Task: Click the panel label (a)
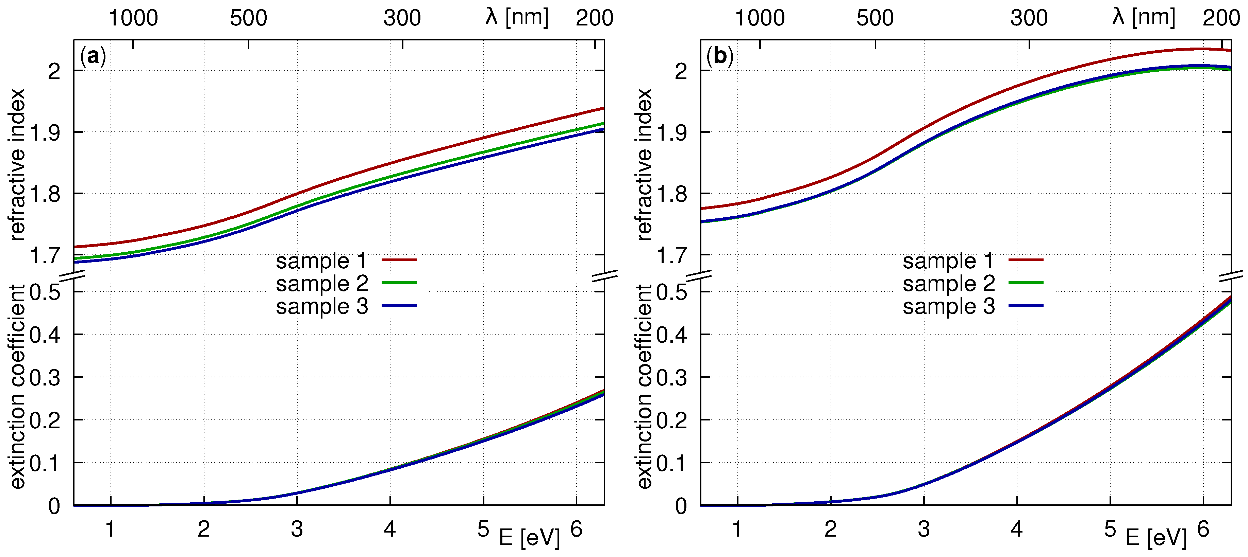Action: tap(93, 57)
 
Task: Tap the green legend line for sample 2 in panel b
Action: tap(1026, 283)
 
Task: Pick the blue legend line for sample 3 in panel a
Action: tap(399, 305)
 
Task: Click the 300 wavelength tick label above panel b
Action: tap(1029, 18)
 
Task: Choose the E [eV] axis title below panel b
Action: tap(1155, 538)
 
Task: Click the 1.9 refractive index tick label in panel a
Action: tap(45, 132)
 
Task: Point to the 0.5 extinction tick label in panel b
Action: tap(671, 292)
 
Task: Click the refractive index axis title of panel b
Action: tap(644, 164)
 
